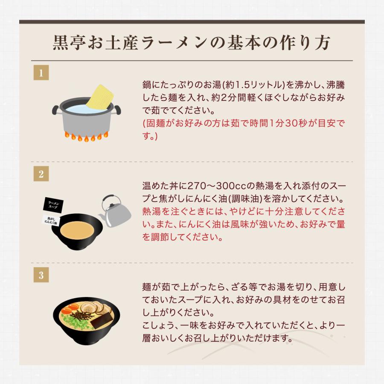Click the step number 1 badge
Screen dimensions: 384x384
(x=41, y=73)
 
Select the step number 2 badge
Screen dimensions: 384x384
(x=41, y=174)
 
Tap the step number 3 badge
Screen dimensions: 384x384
(x=41, y=275)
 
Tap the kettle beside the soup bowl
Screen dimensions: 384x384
(x=114, y=215)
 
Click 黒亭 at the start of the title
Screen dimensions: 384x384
(x=65, y=44)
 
